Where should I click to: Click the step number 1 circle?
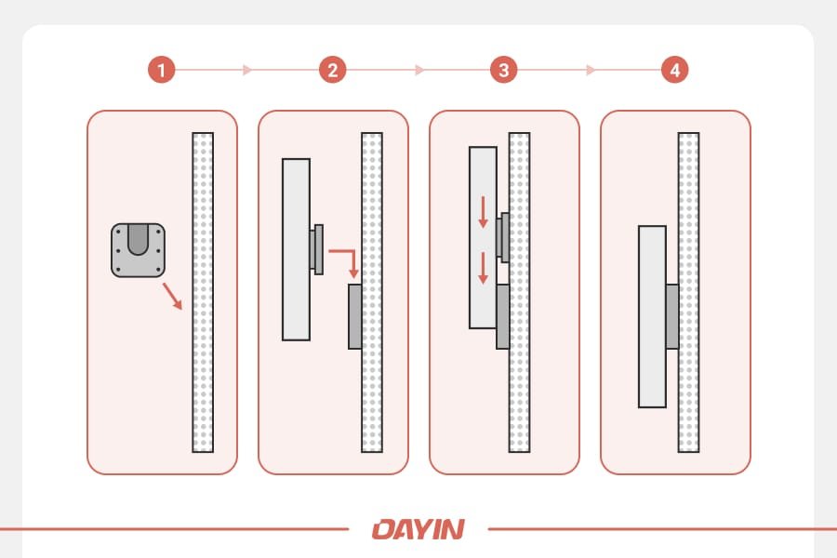pyautogui.click(x=162, y=70)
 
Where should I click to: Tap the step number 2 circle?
pyautogui.click(x=332, y=70)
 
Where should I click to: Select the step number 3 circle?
pyautogui.click(x=503, y=70)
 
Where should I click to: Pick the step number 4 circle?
pyautogui.click(x=674, y=70)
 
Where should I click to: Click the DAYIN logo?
pyautogui.click(x=418, y=529)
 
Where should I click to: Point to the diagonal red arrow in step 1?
pyautogui.click(x=172, y=296)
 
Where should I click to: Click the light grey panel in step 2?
pyautogui.click(x=296, y=249)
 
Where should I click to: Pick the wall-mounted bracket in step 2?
pyautogui.click(x=355, y=317)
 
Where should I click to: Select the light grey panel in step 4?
pyautogui.click(x=652, y=316)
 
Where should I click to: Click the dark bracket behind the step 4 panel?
pyautogui.click(x=672, y=316)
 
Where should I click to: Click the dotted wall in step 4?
pyautogui.click(x=688, y=186)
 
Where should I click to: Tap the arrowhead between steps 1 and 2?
pyautogui.click(x=246, y=70)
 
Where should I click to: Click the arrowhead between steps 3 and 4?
pyautogui.click(x=590, y=70)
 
